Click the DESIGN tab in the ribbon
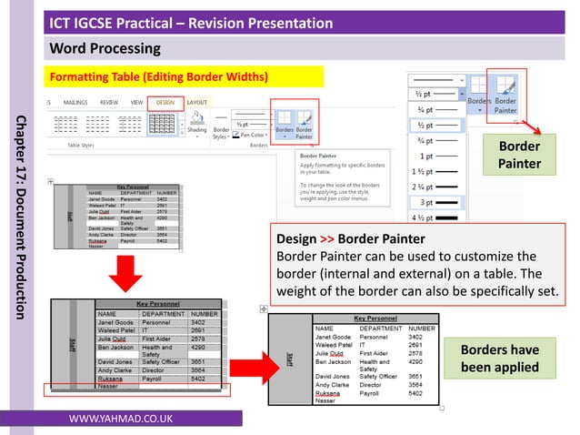[x=165, y=103]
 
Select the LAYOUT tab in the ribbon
[x=197, y=103]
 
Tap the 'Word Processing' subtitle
[x=105, y=47]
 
